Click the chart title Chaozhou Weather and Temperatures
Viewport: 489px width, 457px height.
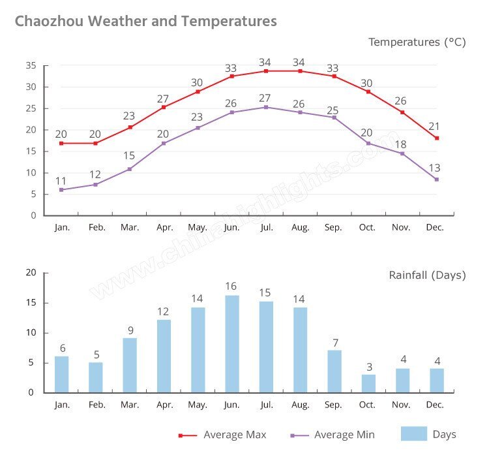pyautogui.click(x=145, y=21)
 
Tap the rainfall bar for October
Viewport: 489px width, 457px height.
pyautogui.click(x=368, y=383)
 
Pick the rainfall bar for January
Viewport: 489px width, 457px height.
pyautogui.click(x=61, y=374)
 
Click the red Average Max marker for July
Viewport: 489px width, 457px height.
pyautogui.click(x=266, y=71)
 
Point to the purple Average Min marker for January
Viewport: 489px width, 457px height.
pyautogui.click(x=61, y=190)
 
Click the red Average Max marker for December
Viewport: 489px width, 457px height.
pyautogui.click(x=437, y=138)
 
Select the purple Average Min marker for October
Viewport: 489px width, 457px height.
pyautogui.click(x=368, y=143)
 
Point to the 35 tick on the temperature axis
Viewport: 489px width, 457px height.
pyautogui.click(x=31, y=65)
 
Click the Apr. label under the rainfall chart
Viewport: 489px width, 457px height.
pyautogui.click(x=164, y=405)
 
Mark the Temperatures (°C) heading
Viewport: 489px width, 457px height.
pyautogui.click(x=417, y=42)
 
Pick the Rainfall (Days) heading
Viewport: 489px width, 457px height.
pyautogui.click(x=427, y=275)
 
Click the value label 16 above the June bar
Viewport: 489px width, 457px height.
pyautogui.click(x=232, y=287)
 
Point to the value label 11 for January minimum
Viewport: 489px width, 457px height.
pyautogui.click(x=61, y=180)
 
